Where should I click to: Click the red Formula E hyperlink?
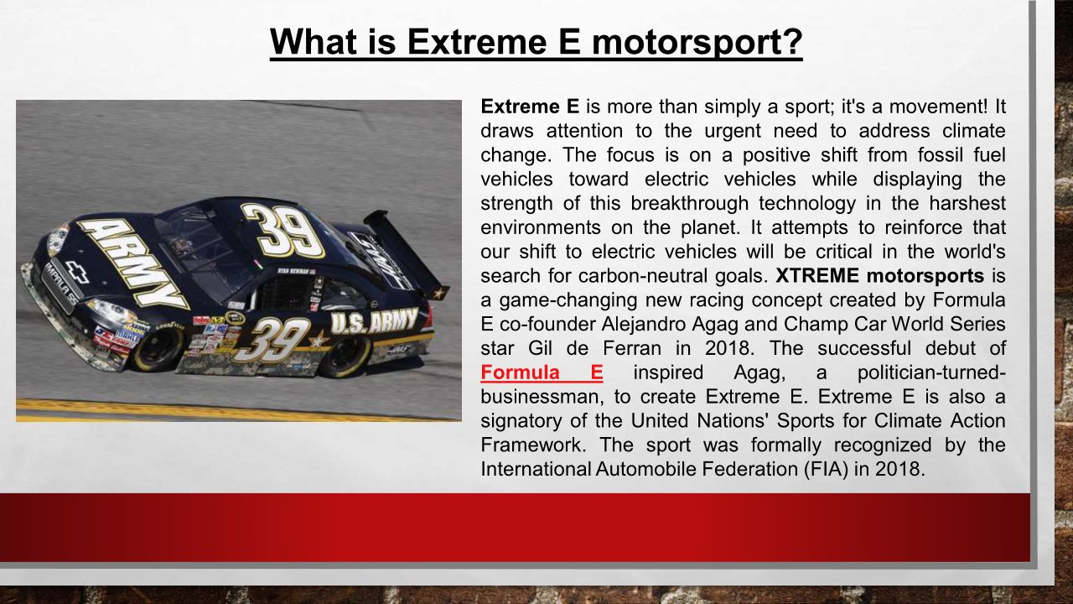pyautogui.click(x=542, y=372)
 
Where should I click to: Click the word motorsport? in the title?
pyautogui.click(x=697, y=42)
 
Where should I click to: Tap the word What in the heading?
pyautogui.click(x=314, y=41)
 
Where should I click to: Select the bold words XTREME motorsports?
pyautogui.click(x=880, y=276)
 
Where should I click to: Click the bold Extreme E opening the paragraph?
pyautogui.click(x=530, y=107)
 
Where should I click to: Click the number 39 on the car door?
pyautogui.click(x=272, y=340)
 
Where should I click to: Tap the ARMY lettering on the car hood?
pyautogui.click(x=134, y=261)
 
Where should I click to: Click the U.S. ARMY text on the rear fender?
pyautogui.click(x=374, y=321)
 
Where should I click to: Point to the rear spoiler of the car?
pyautogui.click(x=407, y=254)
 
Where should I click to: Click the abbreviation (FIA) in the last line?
pyautogui.click(x=826, y=469)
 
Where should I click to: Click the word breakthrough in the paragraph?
pyautogui.click(x=689, y=203)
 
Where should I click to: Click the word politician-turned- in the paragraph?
pyautogui.click(x=931, y=372)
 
